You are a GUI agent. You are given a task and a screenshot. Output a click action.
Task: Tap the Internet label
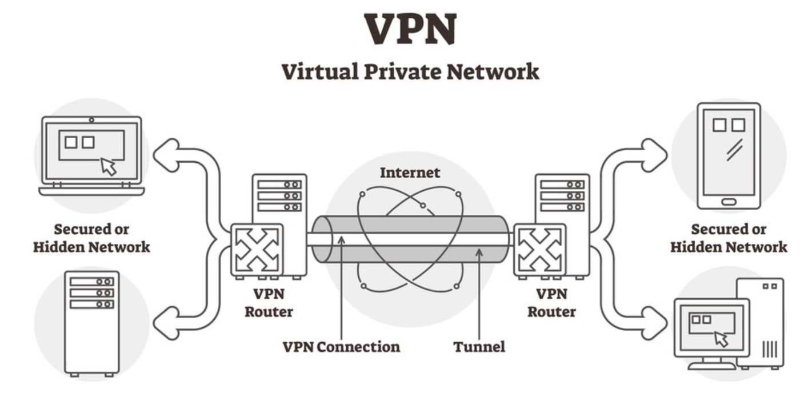point(410,172)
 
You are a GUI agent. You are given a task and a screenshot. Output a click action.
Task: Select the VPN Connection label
point(341,346)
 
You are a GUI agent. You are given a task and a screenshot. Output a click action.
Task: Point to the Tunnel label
point(479,346)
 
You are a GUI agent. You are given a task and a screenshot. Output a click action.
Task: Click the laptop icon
point(91,155)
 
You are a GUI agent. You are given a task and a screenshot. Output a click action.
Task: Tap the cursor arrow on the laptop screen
point(108,166)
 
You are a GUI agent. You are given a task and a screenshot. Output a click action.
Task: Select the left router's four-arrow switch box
point(257,250)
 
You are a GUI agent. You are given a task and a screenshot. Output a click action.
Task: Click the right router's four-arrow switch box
point(539,250)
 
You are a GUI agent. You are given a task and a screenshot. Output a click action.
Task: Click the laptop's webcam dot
point(91,120)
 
